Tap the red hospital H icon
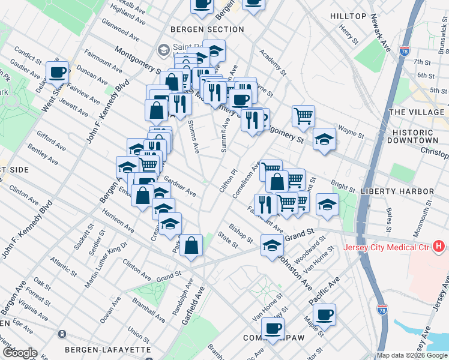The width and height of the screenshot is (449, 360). (x=439, y=246)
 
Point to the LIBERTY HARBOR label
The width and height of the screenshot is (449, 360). (x=397, y=191)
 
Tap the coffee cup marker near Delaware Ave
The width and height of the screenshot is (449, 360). (x=58, y=73)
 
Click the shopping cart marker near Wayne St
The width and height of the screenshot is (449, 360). (x=304, y=115)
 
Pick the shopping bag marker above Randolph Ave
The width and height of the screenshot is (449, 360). (x=191, y=245)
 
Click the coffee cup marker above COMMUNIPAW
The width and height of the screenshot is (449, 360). (x=273, y=329)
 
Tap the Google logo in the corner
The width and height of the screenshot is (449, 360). (x=19, y=353)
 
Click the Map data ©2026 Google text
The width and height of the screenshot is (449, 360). (x=412, y=355)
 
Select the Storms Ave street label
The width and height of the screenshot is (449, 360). (x=193, y=135)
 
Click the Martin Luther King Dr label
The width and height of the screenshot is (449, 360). (x=109, y=250)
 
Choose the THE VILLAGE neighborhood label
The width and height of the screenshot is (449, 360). (x=417, y=112)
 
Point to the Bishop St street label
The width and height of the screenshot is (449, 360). (x=241, y=233)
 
